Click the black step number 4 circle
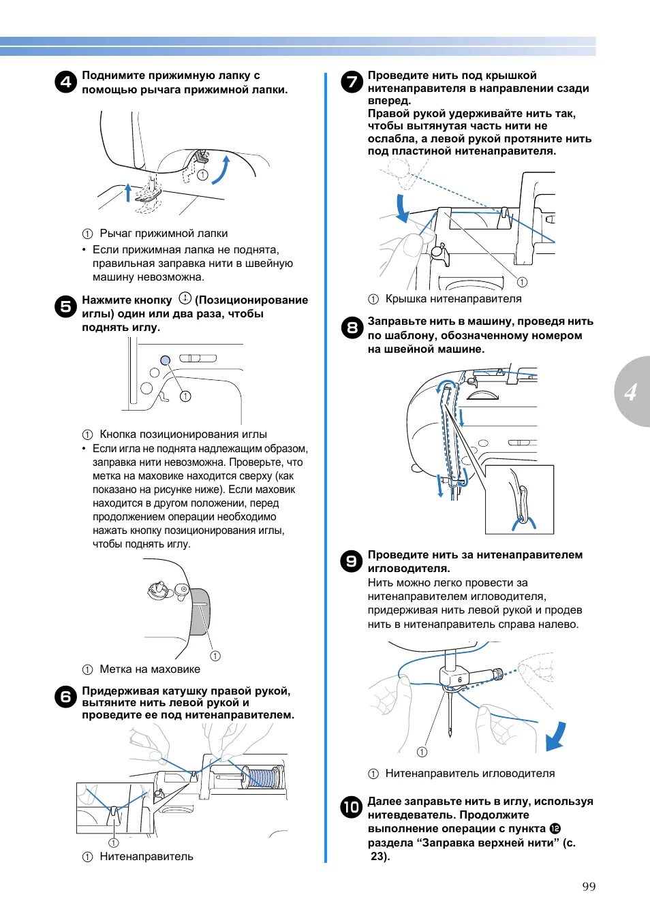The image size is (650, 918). (65, 82)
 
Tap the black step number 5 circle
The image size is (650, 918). (65, 306)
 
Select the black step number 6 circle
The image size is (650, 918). (65, 697)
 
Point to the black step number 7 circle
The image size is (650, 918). (352, 82)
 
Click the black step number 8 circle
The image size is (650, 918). (352, 328)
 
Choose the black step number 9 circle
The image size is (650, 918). (352, 561)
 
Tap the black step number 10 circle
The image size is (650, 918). (352, 808)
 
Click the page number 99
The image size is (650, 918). (589, 886)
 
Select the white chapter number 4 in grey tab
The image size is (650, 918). (631, 392)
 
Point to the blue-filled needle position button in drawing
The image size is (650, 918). (165, 360)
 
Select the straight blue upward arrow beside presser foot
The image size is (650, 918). (127, 192)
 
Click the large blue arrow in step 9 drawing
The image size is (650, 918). (556, 736)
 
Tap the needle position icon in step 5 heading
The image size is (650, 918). (185, 298)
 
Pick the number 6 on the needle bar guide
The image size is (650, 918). (460, 680)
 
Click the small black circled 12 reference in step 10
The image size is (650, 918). (555, 829)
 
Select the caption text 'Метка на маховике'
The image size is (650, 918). (150, 669)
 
